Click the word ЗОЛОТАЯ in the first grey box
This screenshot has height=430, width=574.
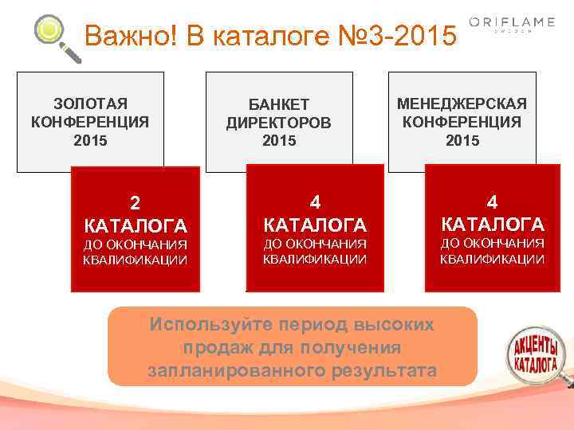90,104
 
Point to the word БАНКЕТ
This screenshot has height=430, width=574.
278,106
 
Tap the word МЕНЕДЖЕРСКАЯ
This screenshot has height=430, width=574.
462,104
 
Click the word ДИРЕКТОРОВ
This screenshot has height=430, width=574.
278,123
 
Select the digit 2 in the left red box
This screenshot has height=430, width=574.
136,203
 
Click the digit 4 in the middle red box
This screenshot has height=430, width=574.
315,203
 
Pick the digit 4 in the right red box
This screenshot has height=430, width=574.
493,202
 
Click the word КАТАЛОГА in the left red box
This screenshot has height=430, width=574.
136,225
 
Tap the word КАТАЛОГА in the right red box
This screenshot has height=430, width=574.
493,224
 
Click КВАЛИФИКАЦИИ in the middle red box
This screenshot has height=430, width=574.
315,259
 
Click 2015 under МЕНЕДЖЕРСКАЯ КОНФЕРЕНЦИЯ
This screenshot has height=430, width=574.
462,140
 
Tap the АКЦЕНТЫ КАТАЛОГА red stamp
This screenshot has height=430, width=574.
535,354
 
